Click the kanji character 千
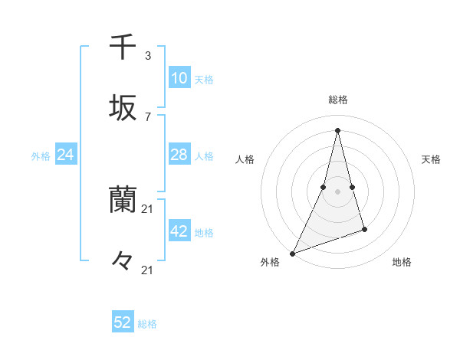pyautogui.click(x=123, y=47)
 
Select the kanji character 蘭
pyautogui.click(x=123, y=201)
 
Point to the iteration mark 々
pyautogui.click(x=123, y=261)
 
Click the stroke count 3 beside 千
pyautogui.click(x=148, y=56)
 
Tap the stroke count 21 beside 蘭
pyautogui.click(x=148, y=209)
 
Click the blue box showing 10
pyautogui.click(x=179, y=78)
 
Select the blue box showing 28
pyautogui.click(x=179, y=155)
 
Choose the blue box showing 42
pyautogui.click(x=179, y=231)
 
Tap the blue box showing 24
pyautogui.click(x=66, y=155)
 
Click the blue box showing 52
pyautogui.click(x=123, y=322)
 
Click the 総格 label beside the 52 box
pyautogui.click(x=147, y=324)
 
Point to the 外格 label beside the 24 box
pyautogui.click(x=41, y=156)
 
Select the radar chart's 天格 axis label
pyautogui.click(x=431, y=159)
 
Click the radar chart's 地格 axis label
pyautogui.click(x=402, y=263)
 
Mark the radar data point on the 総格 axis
pyautogui.click(x=337, y=129)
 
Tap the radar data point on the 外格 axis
pyautogui.click(x=292, y=253)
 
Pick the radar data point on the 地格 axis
pyautogui.click(x=364, y=229)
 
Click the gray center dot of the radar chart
pyautogui.click(x=337, y=191)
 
